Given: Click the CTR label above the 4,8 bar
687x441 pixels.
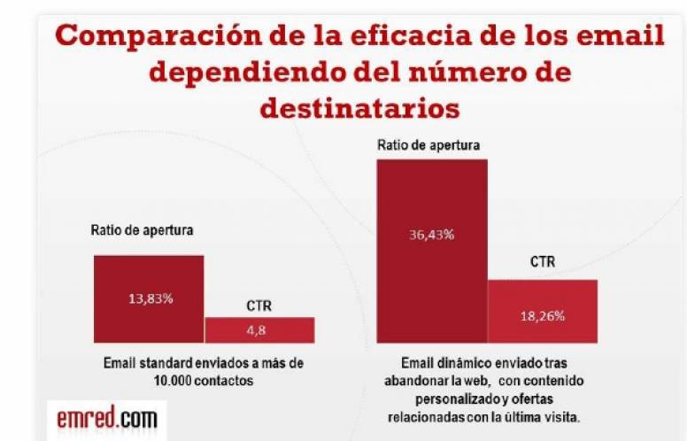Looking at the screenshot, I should pos(259,306).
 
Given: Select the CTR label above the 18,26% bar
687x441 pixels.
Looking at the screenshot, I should pos(543,262).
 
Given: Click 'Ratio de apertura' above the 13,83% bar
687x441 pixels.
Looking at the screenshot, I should pos(143,230).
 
